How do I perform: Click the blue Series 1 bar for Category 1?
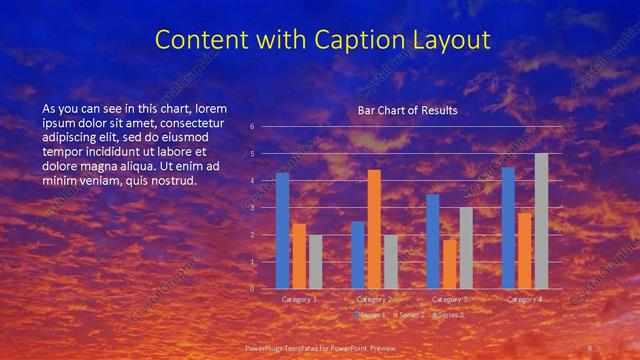click(x=282, y=230)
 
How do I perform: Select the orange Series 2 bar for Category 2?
click(x=374, y=229)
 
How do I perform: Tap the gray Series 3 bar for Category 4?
click(x=541, y=221)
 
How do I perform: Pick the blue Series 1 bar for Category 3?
click(x=432, y=241)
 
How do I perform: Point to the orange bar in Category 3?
click(x=449, y=264)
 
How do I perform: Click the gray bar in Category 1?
click(x=315, y=261)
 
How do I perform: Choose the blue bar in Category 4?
click(x=508, y=228)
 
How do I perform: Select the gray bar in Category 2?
click(x=391, y=261)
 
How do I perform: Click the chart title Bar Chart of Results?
click(x=407, y=110)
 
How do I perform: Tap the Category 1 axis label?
click(x=299, y=299)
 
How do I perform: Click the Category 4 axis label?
click(x=524, y=299)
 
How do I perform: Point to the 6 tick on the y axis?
click(x=252, y=127)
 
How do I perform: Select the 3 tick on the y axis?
click(x=252, y=208)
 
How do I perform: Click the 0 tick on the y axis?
click(x=252, y=289)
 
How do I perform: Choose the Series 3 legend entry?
click(x=448, y=315)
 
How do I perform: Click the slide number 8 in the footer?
click(x=589, y=347)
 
